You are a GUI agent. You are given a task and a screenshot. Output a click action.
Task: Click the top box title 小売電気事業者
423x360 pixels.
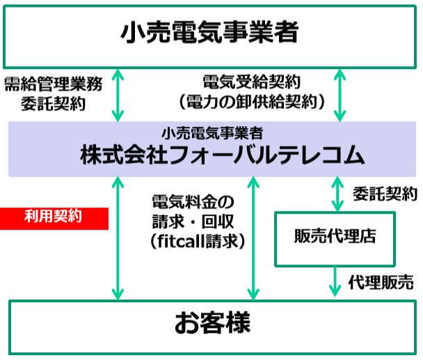[x=209, y=33]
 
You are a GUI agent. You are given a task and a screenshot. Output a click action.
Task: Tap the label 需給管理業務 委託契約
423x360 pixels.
[x=54, y=93]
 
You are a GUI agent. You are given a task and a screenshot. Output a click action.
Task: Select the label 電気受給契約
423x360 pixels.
[x=251, y=82]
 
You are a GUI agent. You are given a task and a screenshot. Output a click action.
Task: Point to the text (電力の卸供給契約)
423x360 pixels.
[x=251, y=102]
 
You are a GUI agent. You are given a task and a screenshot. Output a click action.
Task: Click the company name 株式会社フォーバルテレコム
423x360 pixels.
[x=223, y=155]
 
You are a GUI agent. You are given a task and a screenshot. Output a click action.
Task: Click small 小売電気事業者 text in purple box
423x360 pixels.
[x=212, y=133]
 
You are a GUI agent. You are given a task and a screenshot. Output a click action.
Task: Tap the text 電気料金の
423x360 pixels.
[x=193, y=202]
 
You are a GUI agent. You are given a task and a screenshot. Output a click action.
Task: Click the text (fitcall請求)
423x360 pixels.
[x=198, y=241]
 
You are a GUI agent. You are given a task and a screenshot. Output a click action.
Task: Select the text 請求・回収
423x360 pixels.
[x=193, y=221]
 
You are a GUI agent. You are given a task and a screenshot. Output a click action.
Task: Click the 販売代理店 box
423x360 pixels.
[x=335, y=239]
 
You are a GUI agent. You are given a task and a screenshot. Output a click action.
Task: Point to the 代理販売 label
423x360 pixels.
[x=381, y=282]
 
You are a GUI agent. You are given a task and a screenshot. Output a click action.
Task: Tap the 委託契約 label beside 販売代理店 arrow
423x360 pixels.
[x=385, y=194]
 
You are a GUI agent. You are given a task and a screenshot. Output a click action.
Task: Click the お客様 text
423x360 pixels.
[x=213, y=322]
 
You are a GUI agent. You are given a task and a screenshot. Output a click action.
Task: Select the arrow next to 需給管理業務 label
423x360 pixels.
[x=118, y=95]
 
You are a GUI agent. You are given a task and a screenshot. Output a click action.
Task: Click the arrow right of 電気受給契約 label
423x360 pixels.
[x=340, y=95]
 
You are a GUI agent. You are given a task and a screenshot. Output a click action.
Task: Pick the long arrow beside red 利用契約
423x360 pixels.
[x=118, y=238]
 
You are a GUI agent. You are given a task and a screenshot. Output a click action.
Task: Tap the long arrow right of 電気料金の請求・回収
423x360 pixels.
[x=253, y=238]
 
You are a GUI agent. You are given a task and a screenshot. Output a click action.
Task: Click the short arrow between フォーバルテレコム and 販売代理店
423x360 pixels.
[x=337, y=194]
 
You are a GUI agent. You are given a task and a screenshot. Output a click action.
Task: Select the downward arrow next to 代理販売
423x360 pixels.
[x=335, y=281]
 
